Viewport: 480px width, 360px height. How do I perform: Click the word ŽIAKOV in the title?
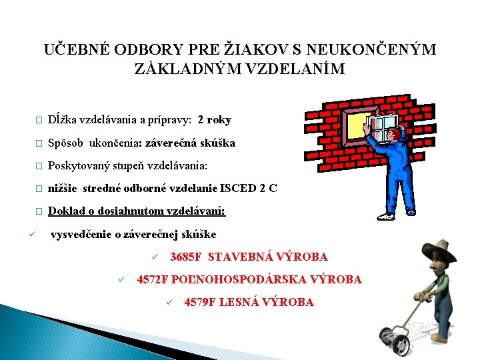[x=255, y=50]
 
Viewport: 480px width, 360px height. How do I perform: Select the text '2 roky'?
[x=215, y=120]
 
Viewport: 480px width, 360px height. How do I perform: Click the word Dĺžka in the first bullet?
[x=63, y=120]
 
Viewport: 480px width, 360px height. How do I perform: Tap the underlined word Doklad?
[x=66, y=211]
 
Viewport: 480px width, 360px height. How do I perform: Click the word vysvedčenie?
[x=81, y=234]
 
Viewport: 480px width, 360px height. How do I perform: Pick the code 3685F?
[x=186, y=257]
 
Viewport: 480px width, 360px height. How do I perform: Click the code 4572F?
[x=153, y=280]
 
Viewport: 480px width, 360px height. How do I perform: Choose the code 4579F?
[x=200, y=303]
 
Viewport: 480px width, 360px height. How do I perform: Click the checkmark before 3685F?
[x=153, y=257]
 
